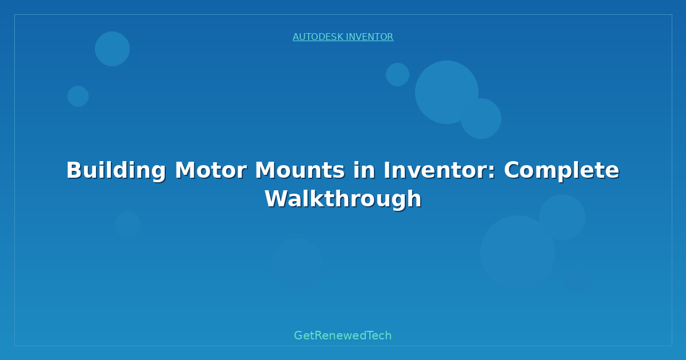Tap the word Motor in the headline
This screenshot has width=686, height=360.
click(x=211, y=170)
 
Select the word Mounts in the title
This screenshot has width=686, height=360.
click(x=300, y=170)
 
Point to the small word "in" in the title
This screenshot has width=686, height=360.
click(x=364, y=170)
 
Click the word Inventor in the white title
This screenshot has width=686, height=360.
click(x=435, y=170)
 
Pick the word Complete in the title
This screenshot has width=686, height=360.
click(x=561, y=171)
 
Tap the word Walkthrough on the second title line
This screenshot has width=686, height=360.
click(x=343, y=199)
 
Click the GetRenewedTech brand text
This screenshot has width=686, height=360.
click(x=342, y=335)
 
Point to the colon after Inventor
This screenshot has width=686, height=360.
click(x=491, y=173)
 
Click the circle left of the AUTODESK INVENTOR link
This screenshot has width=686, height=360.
click(x=112, y=49)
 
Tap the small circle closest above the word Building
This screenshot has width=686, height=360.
click(x=78, y=96)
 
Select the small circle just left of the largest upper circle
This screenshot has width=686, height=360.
click(x=397, y=74)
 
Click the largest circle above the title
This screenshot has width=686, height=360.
click(x=446, y=92)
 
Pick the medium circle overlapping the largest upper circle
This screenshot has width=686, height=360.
click(x=481, y=118)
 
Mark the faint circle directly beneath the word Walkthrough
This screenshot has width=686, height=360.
click(x=297, y=265)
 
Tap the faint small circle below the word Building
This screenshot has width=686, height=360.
click(x=127, y=225)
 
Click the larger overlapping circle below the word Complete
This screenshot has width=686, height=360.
click(x=517, y=253)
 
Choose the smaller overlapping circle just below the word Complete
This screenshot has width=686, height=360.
click(x=562, y=217)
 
